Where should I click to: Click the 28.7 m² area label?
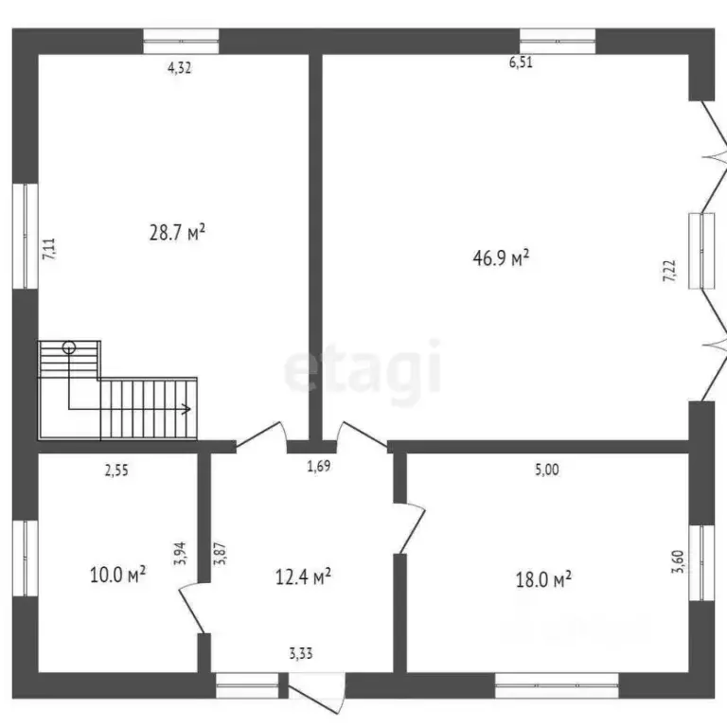click(x=177, y=232)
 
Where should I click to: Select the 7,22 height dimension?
click(x=669, y=270)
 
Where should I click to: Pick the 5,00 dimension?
click(x=546, y=467)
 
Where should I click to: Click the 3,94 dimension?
click(x=179, y=552)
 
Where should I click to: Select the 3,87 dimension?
click(x=220, y=552)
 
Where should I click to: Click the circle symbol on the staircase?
click(x=68, y=347)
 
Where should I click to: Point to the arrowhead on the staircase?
click(x=187, y=409)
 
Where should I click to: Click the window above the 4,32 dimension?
click(x=181, y=41)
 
